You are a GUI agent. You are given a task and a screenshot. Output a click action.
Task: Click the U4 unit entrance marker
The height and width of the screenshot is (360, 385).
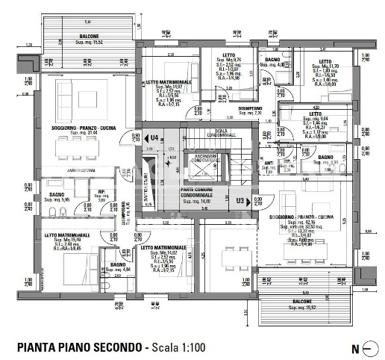tap(154, 138)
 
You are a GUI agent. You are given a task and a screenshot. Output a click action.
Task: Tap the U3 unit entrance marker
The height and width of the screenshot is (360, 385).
tap(240, 200)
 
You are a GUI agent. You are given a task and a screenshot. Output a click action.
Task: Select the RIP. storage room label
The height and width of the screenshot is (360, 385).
tap(101, 191)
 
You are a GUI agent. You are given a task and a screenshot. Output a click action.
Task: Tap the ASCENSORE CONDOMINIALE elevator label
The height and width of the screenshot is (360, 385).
tap(204, 158)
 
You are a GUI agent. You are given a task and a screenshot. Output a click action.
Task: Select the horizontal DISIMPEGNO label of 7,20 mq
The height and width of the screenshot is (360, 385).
tap(250, 108)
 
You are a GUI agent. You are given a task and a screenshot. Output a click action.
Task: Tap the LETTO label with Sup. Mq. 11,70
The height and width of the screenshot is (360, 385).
tap(325, 61)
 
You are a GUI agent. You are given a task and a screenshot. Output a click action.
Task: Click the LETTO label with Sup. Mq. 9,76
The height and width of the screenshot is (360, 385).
tap(228, 57)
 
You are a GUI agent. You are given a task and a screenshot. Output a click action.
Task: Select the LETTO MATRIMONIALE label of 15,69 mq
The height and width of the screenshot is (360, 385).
tap(67, 235)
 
